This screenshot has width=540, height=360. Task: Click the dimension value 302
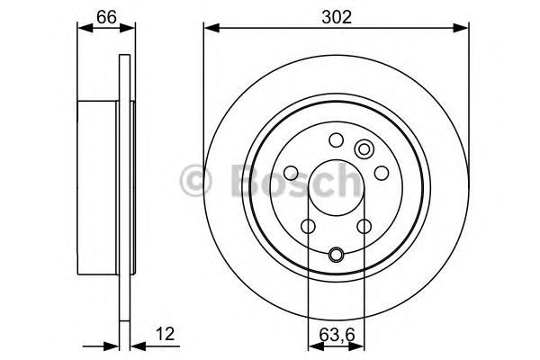[336, 14]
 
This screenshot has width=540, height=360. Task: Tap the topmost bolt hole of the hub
[336, 139]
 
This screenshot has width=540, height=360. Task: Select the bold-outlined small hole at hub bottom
[336, 254]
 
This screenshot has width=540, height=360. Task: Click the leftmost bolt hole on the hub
[292, 173]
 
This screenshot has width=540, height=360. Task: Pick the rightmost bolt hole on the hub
[381, 172]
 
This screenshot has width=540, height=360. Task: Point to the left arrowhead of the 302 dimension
[211, 29]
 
